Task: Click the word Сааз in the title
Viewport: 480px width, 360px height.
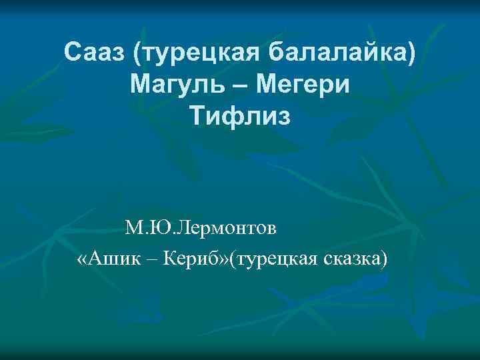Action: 95,51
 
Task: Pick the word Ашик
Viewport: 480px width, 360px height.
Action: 113,258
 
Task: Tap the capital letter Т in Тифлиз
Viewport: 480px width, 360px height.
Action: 198,118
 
